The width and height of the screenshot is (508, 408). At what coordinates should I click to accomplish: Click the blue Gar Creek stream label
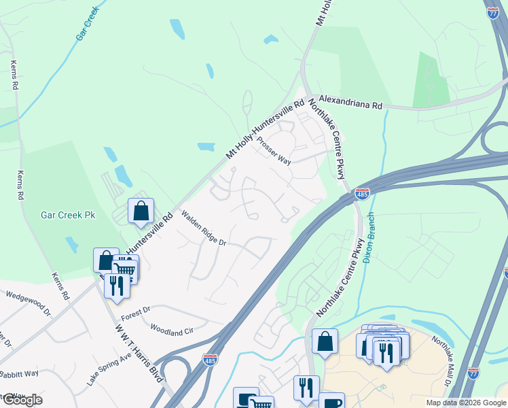[89, 27]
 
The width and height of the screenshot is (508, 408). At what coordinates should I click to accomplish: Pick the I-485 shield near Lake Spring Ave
[210, 358]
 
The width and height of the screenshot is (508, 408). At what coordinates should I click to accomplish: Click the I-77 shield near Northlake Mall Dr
[473, 373]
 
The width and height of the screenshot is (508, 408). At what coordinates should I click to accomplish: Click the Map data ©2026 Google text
[465, 403]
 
